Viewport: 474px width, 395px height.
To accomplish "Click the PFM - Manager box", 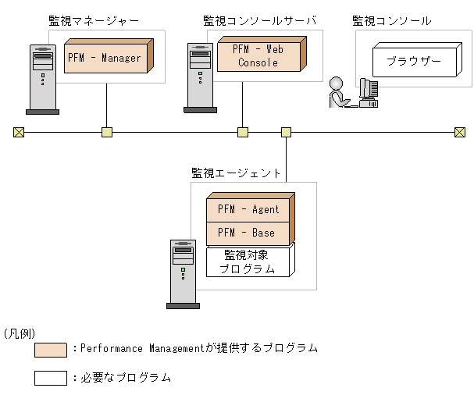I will click(105, 57).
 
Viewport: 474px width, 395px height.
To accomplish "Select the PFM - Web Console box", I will click(258, 55).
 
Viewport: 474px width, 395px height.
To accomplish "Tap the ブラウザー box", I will click(413, 61).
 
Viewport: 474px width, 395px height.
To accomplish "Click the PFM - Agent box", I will click(248, 209).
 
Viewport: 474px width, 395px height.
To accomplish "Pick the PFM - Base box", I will click(248, 233).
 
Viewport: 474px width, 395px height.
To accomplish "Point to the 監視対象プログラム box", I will click(248, 262).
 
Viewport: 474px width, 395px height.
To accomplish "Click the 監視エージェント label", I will click(236, 173).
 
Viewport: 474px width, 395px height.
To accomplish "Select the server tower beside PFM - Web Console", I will click(201, 77).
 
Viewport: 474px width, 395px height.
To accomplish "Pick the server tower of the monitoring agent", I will click(183, 273).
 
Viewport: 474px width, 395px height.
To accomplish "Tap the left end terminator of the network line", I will click(19, 132).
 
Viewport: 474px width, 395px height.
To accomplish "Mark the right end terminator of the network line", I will click(460, 132).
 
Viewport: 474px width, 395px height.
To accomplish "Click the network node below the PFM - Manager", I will click(107, 132).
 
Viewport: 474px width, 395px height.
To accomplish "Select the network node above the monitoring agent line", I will click(286, 132).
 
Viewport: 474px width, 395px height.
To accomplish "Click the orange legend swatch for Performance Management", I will click(51, 349).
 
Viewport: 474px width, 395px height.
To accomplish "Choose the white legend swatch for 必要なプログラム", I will click(51, 378).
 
